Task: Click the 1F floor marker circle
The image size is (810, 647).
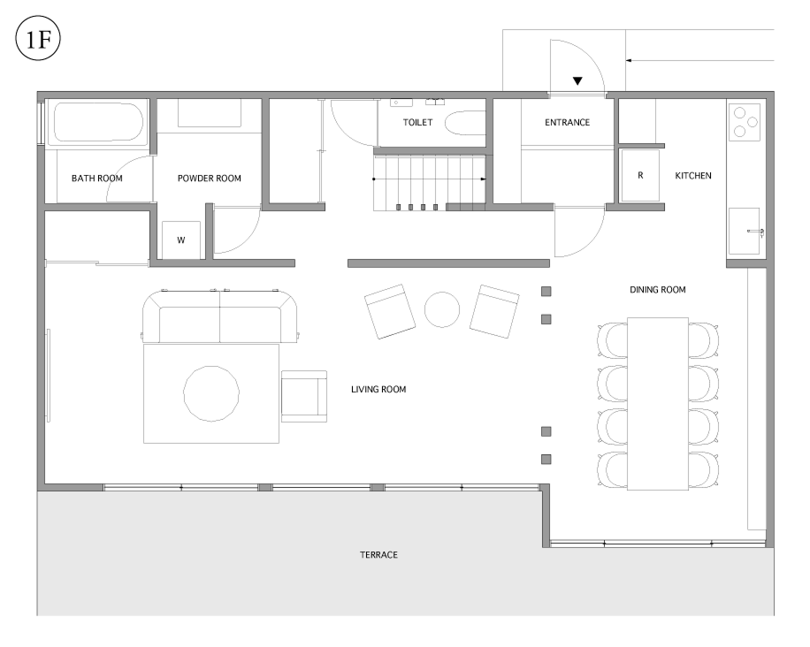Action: click(x=38, y=39)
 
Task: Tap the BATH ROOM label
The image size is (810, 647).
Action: click(x=97, y=179)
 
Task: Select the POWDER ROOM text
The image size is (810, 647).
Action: click(x=210, y=179)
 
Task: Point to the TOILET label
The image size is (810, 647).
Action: click(x=418, y=122)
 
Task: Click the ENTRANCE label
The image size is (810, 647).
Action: click(x=567, y=122)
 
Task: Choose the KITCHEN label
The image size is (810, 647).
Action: click(x=693, y=176)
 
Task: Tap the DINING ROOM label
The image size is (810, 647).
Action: click(x=658, y=290)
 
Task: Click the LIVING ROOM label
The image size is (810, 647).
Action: click(x=378, y=389)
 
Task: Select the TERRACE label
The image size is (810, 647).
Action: click(x=378, y=555)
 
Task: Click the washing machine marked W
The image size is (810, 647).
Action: click(x=180, y=240)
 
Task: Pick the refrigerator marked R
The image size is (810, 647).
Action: click(x=640, y=176)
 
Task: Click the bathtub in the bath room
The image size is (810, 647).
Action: click(x=97, y=122)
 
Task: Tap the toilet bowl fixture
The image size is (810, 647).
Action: click(x=465, y=122)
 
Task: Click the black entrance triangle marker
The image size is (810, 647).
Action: click(x=577, y=81)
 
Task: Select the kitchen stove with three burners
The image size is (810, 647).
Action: click(x=745, y=122)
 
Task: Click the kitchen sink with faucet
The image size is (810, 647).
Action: click(x=745, y=231)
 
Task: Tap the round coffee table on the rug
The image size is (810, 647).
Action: click(x=211, y=393)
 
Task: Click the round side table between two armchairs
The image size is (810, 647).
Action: click(x=441, y=309)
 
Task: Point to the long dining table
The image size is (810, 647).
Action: click(x=658, y=404)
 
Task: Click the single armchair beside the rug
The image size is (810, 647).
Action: click(x=304, y=396)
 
